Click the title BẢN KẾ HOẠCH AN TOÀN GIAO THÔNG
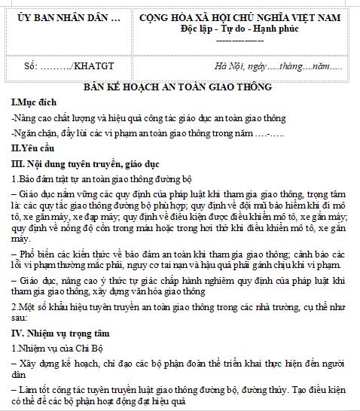pos(178,87)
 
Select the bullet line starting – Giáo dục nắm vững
pos(179,193)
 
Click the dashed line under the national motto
pos(242,39)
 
